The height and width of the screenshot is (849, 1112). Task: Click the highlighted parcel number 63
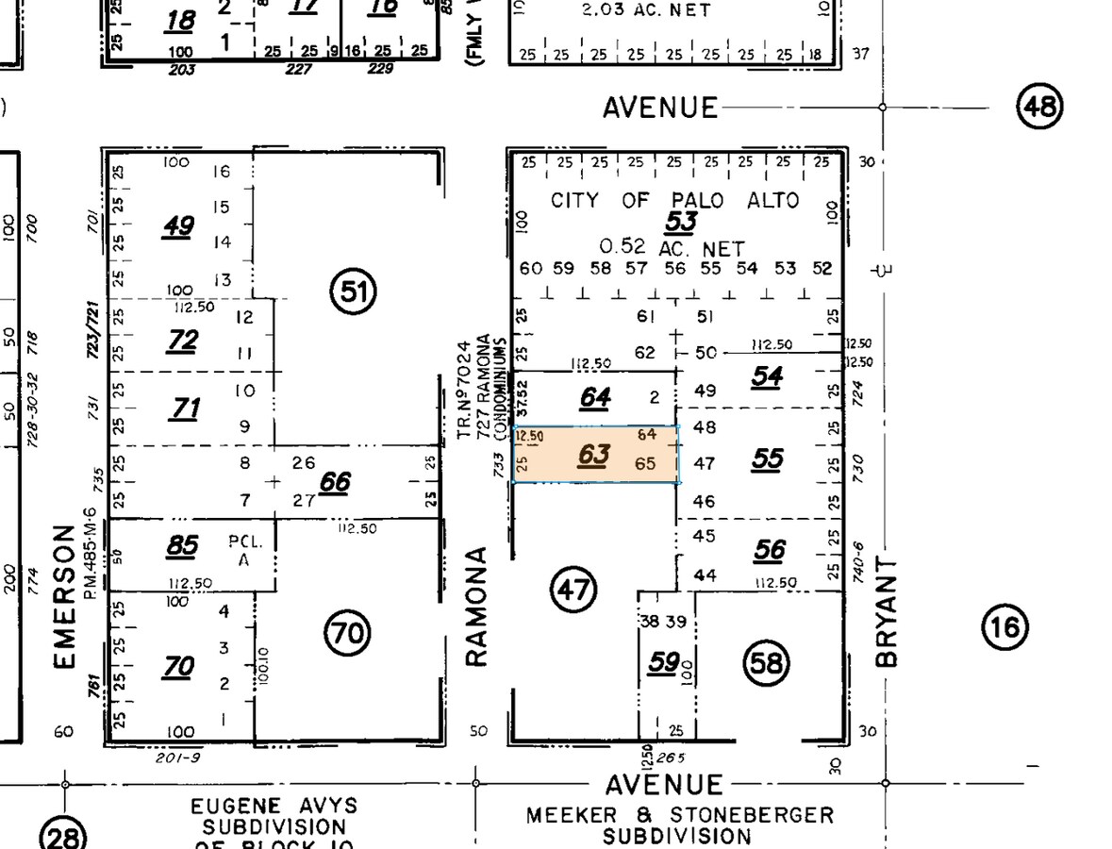tap(594, 456)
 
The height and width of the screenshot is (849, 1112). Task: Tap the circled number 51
tap(353, 291)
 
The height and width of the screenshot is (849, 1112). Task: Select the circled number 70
tap(348, 632)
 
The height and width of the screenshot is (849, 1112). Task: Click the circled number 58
tap(766, 663)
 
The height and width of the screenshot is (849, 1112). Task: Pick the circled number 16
tap(1004, 625)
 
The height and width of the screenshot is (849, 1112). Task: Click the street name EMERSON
tap(64, 596)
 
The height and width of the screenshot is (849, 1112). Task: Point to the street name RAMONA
tap(477, 606)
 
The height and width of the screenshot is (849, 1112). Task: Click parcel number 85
tap(181, 545)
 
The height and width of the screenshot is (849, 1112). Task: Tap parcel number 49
tap(178, 226)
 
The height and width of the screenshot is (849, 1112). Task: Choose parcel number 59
tap(663, 662)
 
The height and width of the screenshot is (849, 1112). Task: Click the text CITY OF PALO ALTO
tap(674, 200)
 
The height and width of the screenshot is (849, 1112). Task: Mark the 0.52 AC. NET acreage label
tap(672, 247)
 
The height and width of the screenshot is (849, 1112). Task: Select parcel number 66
tap(335, 483)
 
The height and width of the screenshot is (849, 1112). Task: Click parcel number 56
tap(769, 549)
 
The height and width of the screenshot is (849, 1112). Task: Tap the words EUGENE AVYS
tap(274, 807)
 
